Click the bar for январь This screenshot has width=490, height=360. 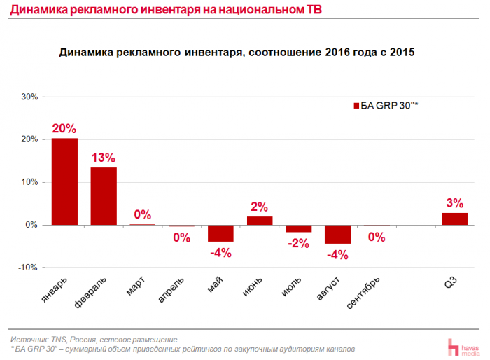[x=64, y=181]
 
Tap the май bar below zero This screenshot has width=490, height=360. [x=221, y=233]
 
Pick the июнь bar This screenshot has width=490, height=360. [x=260, y=221]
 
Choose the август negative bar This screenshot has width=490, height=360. [x=337, y=234]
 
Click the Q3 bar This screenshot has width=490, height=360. [x=454, y=219]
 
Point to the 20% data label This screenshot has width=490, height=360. [x=64, y=129]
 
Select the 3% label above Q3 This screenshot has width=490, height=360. [x=454, y=203]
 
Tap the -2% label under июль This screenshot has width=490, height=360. [x=299, y=242]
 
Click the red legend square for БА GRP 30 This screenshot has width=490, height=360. [x=354, y=106]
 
